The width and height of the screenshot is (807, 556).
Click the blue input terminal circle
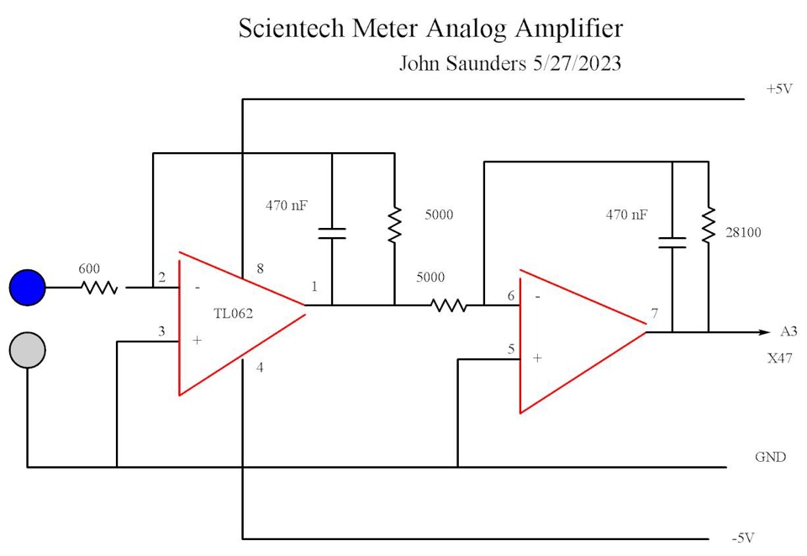tap(27, 287)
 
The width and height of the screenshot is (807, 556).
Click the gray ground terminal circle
tap(27, 351)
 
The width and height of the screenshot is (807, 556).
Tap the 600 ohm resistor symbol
tap(99, 288)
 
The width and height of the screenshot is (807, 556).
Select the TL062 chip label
tap(234, 313)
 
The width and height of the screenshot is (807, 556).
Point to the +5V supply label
tap(779, 88)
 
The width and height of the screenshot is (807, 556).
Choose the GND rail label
tap(770, 458)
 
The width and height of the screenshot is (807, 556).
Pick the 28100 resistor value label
tap(744, 232)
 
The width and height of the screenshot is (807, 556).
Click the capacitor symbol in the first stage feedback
tap(332, 232)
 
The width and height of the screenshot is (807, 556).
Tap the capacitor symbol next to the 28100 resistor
tap(672, 242)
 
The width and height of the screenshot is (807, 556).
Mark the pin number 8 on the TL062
tap(260, 269)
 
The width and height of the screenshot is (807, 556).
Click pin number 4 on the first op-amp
tap(260, 367)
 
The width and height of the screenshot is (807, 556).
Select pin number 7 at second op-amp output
tap(654, 315)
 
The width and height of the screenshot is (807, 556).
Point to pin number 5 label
tap(509, 349)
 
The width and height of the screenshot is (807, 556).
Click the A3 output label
tap(789, 331)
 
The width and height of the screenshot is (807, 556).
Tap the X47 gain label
tap(779, 358)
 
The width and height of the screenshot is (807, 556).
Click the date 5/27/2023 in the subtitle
tap(577, 64)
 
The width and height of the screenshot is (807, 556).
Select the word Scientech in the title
tap(285, 29)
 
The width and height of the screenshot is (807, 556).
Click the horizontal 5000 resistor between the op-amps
tap(449, 305)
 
